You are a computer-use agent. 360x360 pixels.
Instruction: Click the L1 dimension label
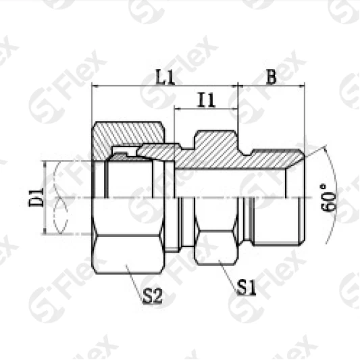[165, 77]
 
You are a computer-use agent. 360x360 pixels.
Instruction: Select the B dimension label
[270, 77]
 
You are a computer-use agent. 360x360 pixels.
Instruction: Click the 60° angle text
[329, 197]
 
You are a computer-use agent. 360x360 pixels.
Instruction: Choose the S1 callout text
[246, 288]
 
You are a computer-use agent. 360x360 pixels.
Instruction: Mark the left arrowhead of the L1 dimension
[95, 86]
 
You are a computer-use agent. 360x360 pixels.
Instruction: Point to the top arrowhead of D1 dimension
[45, 163]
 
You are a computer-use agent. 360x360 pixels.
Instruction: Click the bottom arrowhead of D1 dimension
[45, 231]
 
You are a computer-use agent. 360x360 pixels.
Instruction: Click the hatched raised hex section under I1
[216, 143]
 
